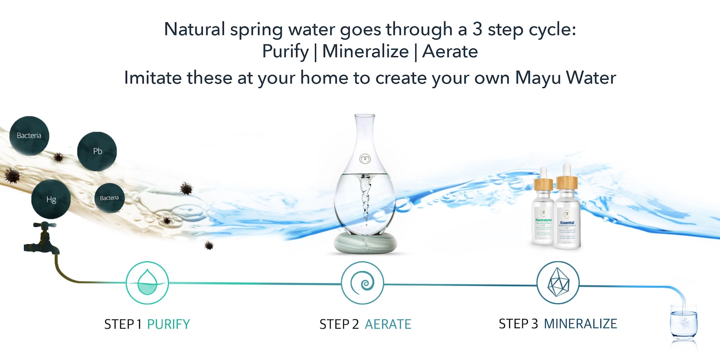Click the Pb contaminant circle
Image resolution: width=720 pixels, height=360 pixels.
coord(97,151)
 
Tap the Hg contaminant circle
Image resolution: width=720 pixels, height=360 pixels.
coord(51,199)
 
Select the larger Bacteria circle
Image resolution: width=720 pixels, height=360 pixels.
coord(29,136)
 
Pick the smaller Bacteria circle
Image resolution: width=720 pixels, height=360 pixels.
coord(109,198)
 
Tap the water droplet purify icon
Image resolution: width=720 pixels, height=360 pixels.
coord(147,282)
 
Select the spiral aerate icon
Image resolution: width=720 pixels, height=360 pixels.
coord(362,283)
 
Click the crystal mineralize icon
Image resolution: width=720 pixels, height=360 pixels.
coord(558,283)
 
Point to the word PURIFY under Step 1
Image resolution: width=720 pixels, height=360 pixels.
coord(168,324)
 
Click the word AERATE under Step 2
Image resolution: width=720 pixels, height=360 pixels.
coord(388,324)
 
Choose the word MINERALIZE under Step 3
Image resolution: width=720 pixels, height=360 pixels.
coord(580,324)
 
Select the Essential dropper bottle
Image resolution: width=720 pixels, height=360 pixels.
coord(567,209)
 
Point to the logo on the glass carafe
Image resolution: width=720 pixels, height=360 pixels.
coord(365,159)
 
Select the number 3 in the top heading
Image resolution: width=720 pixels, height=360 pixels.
coord(477,29)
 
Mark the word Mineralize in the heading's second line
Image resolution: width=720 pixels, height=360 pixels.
coord(365,52)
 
